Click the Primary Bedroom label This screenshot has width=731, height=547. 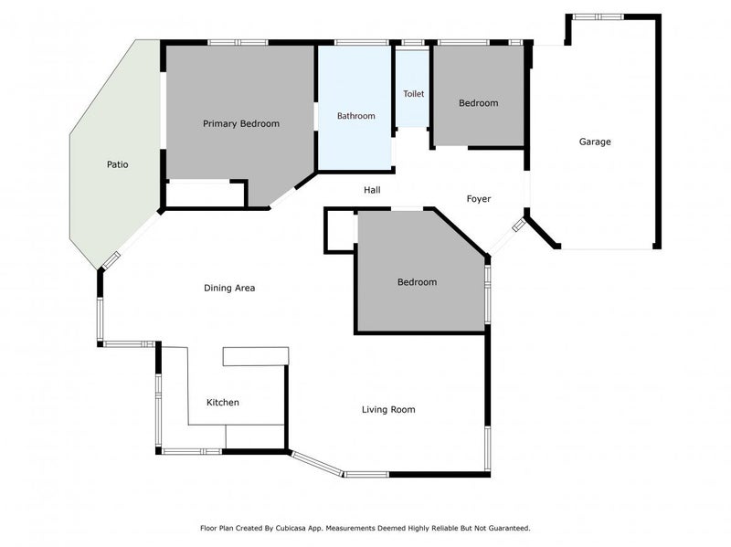(241, 123)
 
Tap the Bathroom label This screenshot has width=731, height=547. (355, 116)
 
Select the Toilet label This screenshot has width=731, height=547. (413, 93)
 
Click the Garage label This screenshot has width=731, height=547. (595, 142)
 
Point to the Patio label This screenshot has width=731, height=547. (116, 164)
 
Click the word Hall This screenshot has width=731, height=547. (372, 190)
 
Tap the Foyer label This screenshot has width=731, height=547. (479, 198)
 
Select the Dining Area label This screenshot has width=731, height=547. (228, 288)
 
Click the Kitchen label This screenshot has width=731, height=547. (223, 402)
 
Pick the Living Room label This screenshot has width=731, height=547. (388, 409)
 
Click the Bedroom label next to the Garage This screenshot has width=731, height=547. (478, 103)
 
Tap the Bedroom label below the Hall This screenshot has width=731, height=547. (417, 282)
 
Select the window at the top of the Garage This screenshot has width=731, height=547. (598, 16)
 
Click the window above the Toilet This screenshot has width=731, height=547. (413, 42)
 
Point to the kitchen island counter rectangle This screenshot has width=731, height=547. (256, 356)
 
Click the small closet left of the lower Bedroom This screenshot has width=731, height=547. (339, 230)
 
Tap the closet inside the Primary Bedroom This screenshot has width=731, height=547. (206, 194)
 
